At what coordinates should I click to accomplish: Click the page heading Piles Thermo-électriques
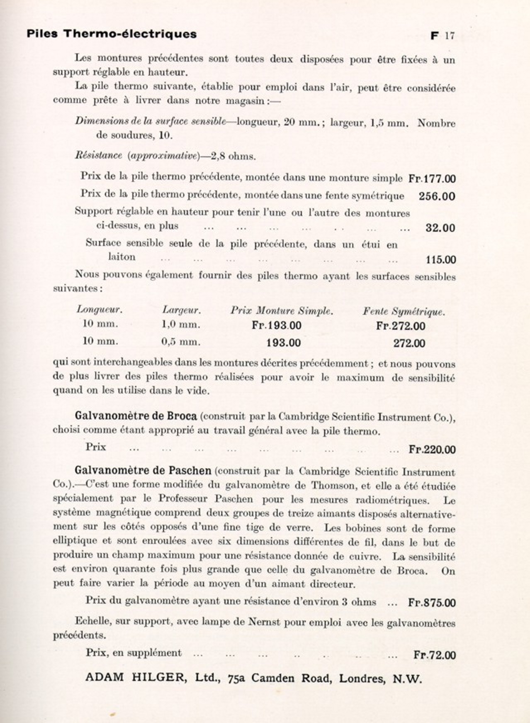coord(112,34)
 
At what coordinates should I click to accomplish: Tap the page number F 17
coord(442,36)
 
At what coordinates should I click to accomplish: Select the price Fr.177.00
coord(432,179)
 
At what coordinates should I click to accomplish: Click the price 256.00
coord(437,196)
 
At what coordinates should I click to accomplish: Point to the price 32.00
coord(440,228)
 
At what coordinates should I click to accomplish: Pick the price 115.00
coord(440,260)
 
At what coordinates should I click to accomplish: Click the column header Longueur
coord(100,310)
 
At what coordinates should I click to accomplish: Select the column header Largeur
coord(181,310)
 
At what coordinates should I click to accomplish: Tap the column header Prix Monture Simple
coord(282,311)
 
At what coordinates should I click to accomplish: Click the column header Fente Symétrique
coord(404,312)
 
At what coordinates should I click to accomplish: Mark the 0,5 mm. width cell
coord(180,342)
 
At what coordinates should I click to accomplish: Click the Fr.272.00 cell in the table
coord(401,326)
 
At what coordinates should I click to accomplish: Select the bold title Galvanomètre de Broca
coord(136,416)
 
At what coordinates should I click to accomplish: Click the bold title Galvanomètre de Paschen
coord(143,471)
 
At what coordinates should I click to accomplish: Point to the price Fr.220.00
coord(432,449)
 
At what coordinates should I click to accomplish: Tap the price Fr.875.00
coord(432,603)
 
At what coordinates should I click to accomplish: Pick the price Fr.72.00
coord(434,655)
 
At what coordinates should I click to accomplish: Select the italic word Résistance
coord(98,156)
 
